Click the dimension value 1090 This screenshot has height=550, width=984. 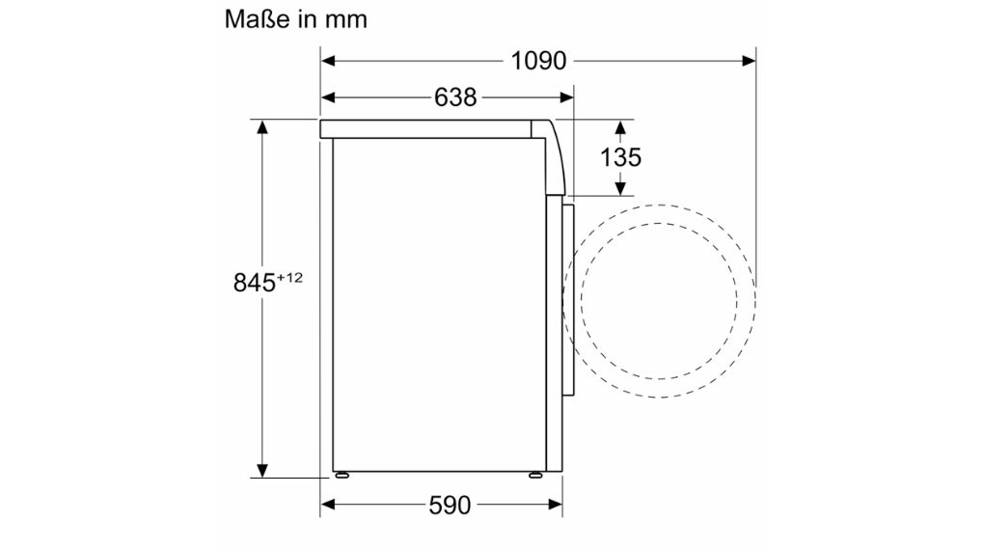click(537, 61)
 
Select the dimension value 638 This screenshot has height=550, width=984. click(455, 97)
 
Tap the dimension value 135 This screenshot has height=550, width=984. click(620, 157)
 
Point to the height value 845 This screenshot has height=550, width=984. click(254, 283)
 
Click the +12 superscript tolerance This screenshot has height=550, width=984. click(290, 278)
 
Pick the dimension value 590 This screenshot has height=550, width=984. click(451, 505)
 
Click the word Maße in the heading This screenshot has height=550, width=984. click(257, 18)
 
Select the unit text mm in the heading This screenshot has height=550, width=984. click(345, 18)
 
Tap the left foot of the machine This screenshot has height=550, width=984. click(341, 475)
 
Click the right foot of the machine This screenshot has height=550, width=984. click(534, 475)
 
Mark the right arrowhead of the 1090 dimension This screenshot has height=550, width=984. click(749, 61)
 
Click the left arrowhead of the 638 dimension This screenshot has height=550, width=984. click(328, 97)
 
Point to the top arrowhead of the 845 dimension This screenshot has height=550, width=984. click(260, 126)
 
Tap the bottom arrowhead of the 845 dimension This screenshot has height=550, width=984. click(260, 470)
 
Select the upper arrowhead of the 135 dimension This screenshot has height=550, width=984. click(620, 126)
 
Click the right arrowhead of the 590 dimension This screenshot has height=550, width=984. click(556, 505)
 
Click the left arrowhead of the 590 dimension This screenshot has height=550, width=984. click(328, 505)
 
